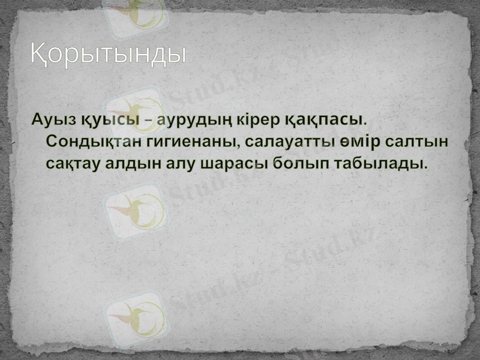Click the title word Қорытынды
pos(109,55)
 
